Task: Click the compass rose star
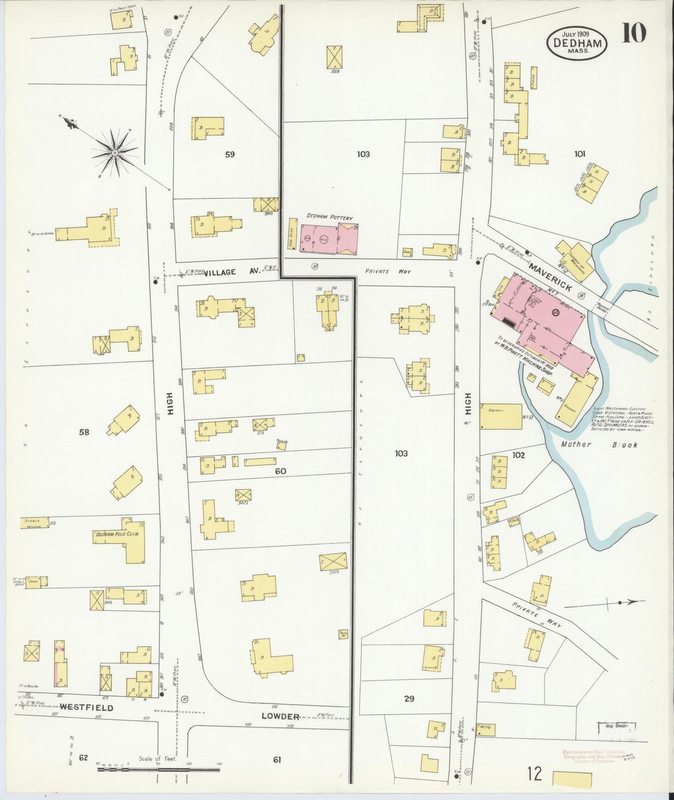pos(114,153)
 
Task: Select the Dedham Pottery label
pos(329,218)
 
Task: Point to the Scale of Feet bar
pos(159,768)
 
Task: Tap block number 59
pos(229,154)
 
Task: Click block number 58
pos(84,432)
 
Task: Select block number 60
pos(280,471)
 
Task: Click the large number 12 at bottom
pos(535,774)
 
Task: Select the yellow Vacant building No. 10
pos(500,416)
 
